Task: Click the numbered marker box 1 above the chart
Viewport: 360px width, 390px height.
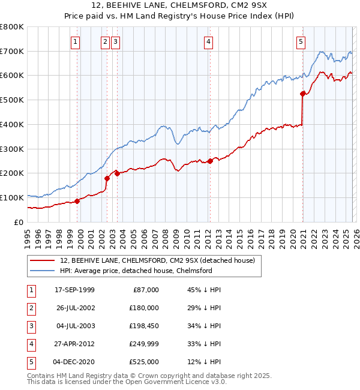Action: point(75,41)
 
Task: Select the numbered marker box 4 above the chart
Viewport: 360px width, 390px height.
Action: point(208,41)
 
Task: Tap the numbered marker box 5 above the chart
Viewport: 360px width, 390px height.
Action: point(300,41)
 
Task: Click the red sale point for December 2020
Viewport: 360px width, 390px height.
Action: point(302,93)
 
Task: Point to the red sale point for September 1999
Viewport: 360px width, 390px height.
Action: point(77,201)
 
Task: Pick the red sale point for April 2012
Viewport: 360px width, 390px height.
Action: point(211,161)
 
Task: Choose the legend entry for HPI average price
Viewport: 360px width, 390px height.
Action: point(136,271)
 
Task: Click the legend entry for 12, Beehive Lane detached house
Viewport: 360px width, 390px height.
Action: point(157,260)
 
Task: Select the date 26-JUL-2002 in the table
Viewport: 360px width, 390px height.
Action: point(74,308)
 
